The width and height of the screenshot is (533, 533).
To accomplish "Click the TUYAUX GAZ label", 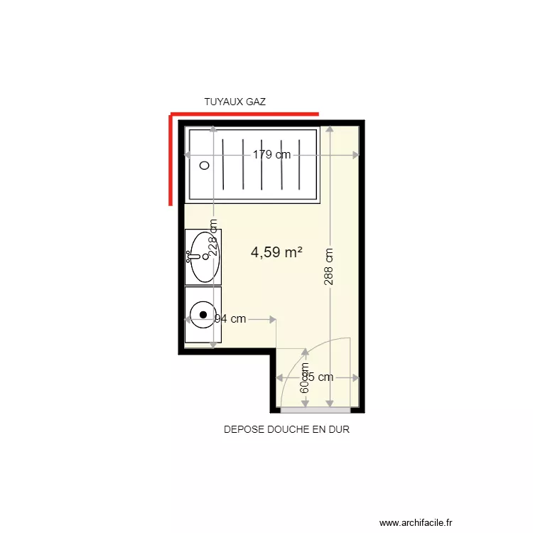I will coord(235,102).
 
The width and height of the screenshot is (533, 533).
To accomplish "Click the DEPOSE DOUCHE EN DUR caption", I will coord(286,430).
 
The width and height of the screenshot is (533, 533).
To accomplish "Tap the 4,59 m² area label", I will coord(276,252).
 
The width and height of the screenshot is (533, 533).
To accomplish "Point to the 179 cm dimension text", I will coord(272,155).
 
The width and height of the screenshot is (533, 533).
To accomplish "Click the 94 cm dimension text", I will coord(230,319).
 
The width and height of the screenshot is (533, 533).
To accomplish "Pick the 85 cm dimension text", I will coord(318,377).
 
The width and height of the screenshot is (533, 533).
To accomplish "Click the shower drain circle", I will coord(205,165).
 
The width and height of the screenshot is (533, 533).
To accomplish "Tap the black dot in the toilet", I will coord(204,314).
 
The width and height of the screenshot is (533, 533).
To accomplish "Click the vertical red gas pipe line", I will coord(171,160).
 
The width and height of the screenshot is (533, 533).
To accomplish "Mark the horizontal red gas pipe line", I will coord(244,114).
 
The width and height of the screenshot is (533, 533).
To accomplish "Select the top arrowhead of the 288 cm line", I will coord(329,129).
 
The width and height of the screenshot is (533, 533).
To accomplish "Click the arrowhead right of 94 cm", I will coord(273,319).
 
